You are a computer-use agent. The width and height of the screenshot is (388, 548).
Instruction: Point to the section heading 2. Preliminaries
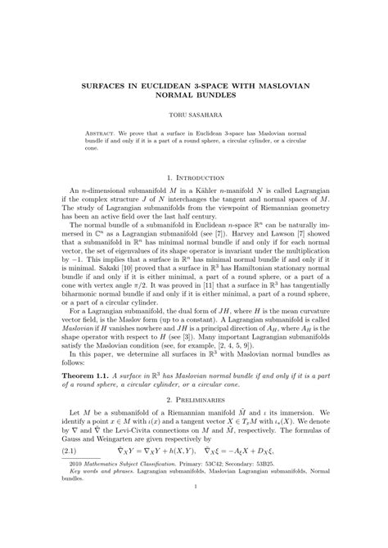(x=194, y=422)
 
